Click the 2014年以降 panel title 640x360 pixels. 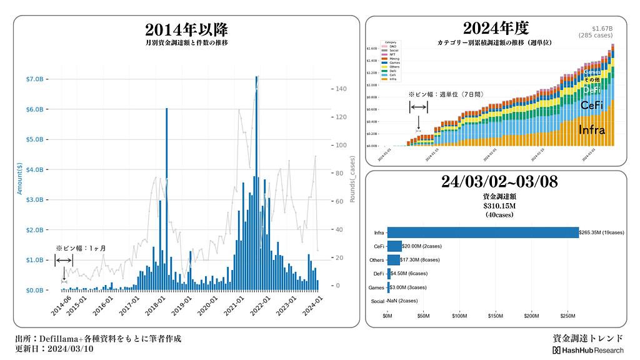coord(186,30)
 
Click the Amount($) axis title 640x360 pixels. coord(19,179)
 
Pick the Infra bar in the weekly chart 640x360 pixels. coord(482,232)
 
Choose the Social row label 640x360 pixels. coord(377,301)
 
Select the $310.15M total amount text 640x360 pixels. coord(498,206)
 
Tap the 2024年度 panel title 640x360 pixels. coord(496,28)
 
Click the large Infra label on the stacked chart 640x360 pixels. coord(591,130)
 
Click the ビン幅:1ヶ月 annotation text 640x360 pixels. coord(81,248)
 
